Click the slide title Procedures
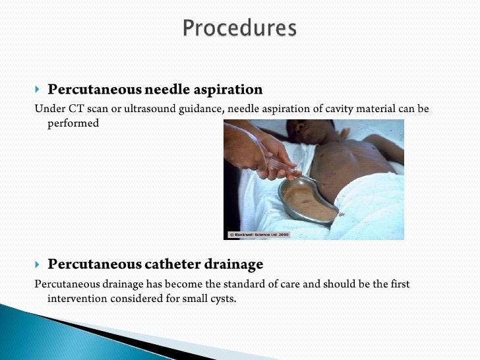pyautogui.click(x=239, y=28)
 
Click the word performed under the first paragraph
pyautogui.click(x=73, y=123)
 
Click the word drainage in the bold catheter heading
pyautogui.click(x=231, y=264)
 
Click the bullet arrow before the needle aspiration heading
pyautogui.click(x=38, y=90)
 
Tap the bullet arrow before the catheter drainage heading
pyautogui.click(x=38, y=265)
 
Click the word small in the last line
pyautogui.click(x=193, y=298)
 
